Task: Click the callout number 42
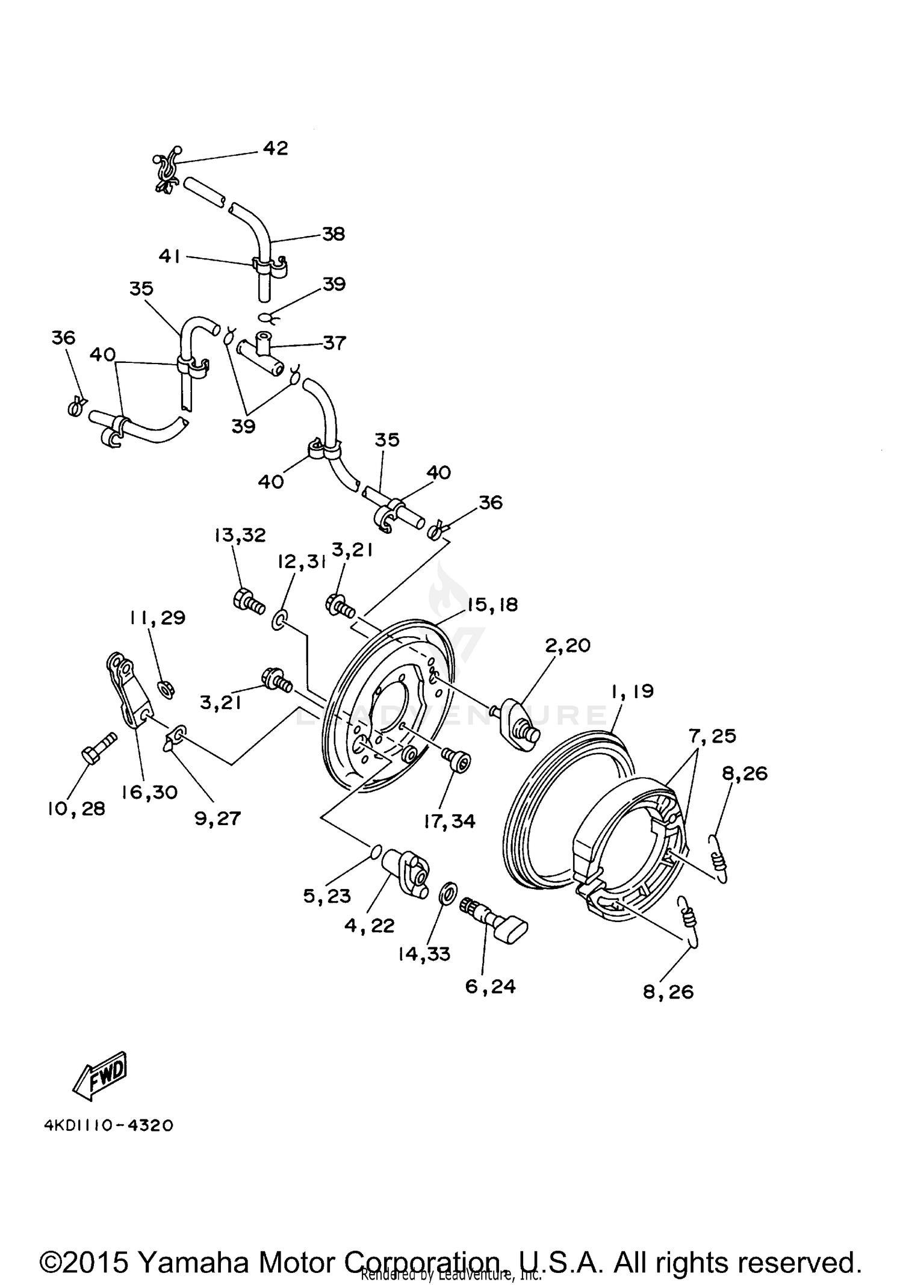[275, 148]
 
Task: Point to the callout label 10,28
[76, 808]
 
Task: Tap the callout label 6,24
[491, 986]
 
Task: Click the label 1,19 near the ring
[632, 691]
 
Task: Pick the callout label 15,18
[492, 604]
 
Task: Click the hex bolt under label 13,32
[248, 601]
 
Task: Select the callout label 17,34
[450, 821]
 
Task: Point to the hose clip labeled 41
[268, 265]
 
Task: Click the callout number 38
[333, 234]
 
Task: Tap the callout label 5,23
[327, 896]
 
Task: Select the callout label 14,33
[424, 954]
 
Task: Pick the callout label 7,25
[713, 735]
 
